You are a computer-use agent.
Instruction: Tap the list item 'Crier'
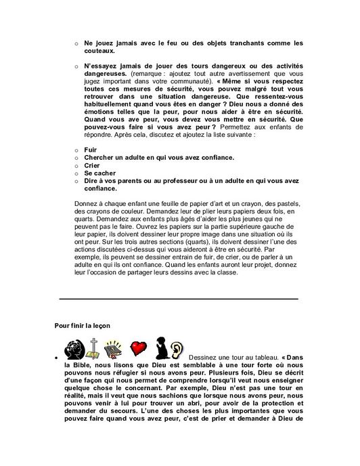(x=91, y=165)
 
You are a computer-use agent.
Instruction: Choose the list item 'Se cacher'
(x=99, y=173)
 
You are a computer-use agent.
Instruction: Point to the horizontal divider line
(x=179, y=298)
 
